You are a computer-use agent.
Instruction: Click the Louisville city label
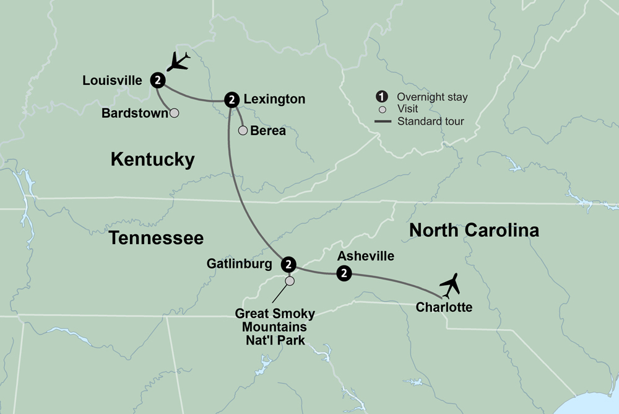coord(113,80)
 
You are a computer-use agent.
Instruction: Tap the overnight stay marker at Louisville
coord(158,80)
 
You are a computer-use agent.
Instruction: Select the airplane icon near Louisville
coord(179,63)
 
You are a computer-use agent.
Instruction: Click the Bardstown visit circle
coord(175,113)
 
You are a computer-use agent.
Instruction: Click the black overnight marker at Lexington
coord(232,99)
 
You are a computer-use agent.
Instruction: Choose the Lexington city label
coord(274,99)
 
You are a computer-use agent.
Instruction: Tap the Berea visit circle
coord(243,131)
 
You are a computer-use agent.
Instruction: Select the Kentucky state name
coord(152,160)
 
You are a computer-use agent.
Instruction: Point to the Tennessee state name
coord(157,237)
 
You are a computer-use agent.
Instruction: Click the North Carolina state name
coord(474,231)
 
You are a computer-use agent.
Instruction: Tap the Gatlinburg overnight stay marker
coord(288,265)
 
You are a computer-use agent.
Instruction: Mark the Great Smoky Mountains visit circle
coord(289,281)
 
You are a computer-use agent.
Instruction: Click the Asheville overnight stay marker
coord(343,273)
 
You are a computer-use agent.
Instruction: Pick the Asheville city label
coord(366,255)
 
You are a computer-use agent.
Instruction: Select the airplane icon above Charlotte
coord(451,284)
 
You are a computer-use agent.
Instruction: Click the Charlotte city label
coord(444,307)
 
